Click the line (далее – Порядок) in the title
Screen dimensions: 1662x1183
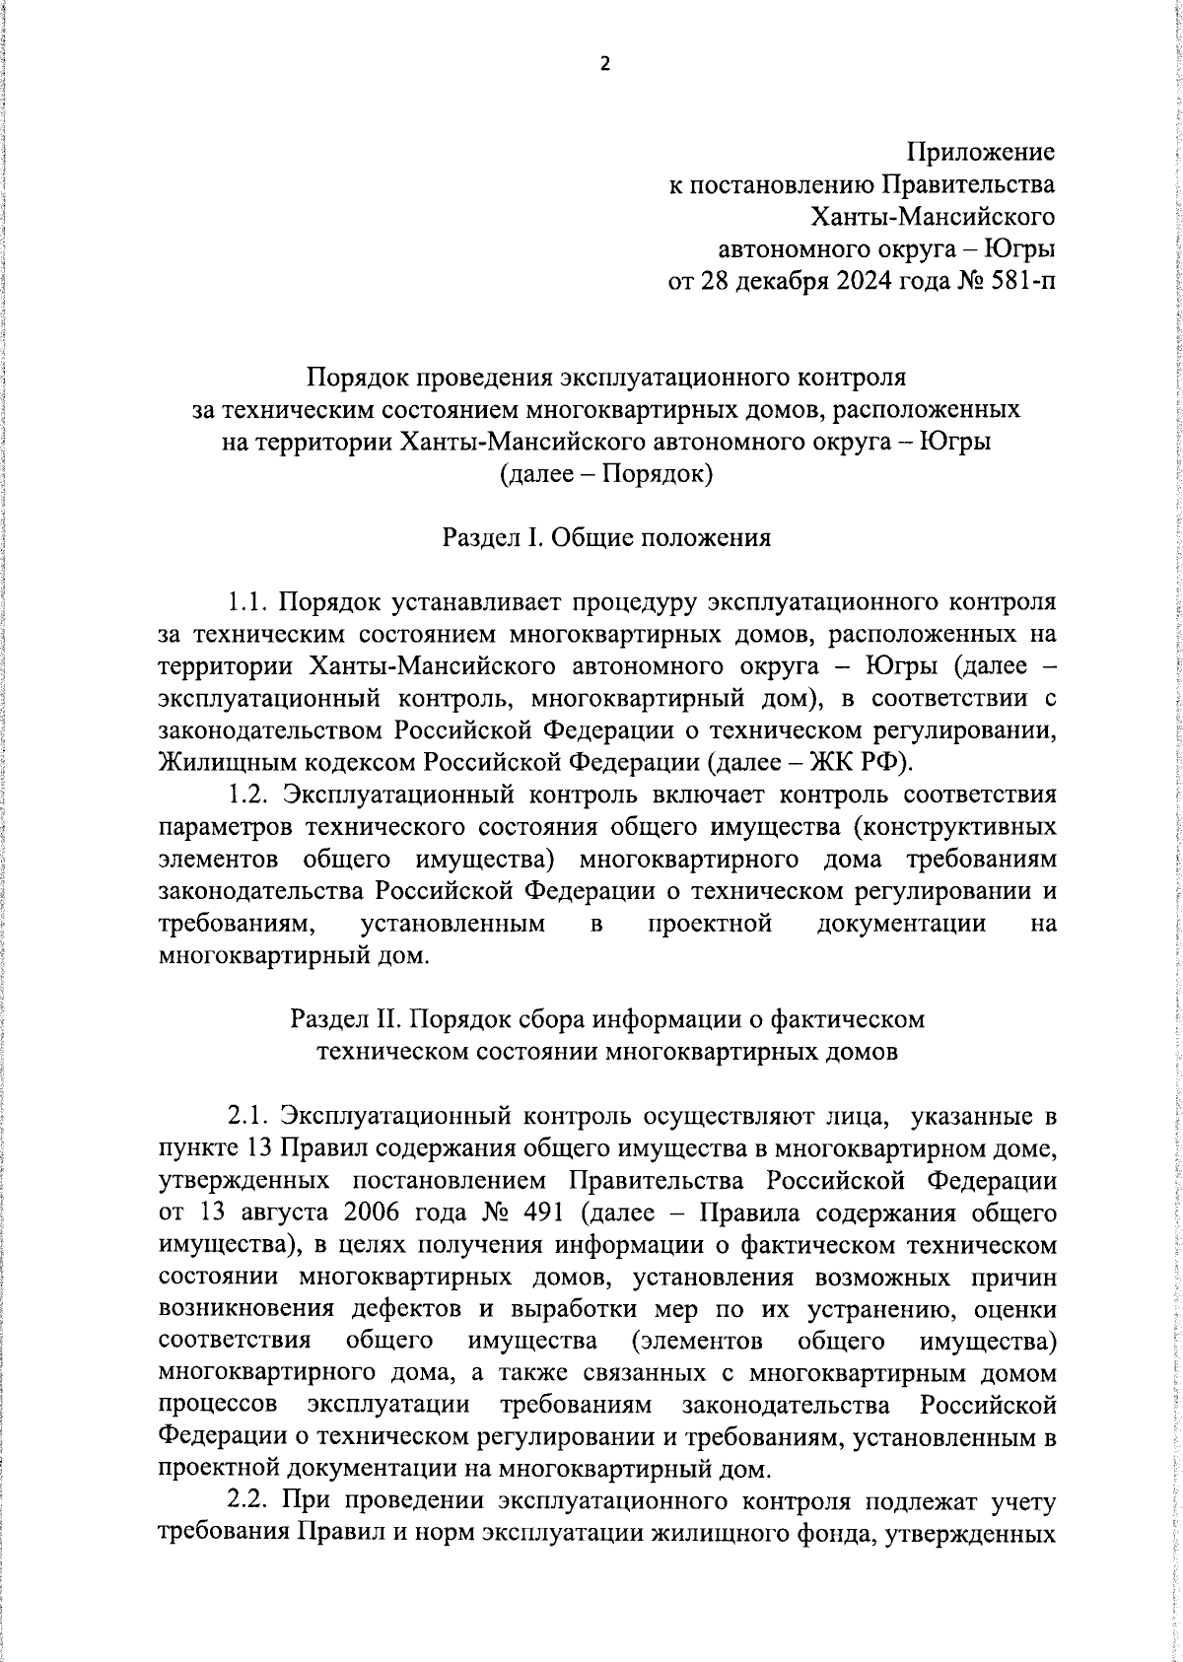(606, 474)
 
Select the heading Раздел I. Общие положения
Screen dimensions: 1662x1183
(606, 537)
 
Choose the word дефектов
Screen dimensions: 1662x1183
(405, 1309)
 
